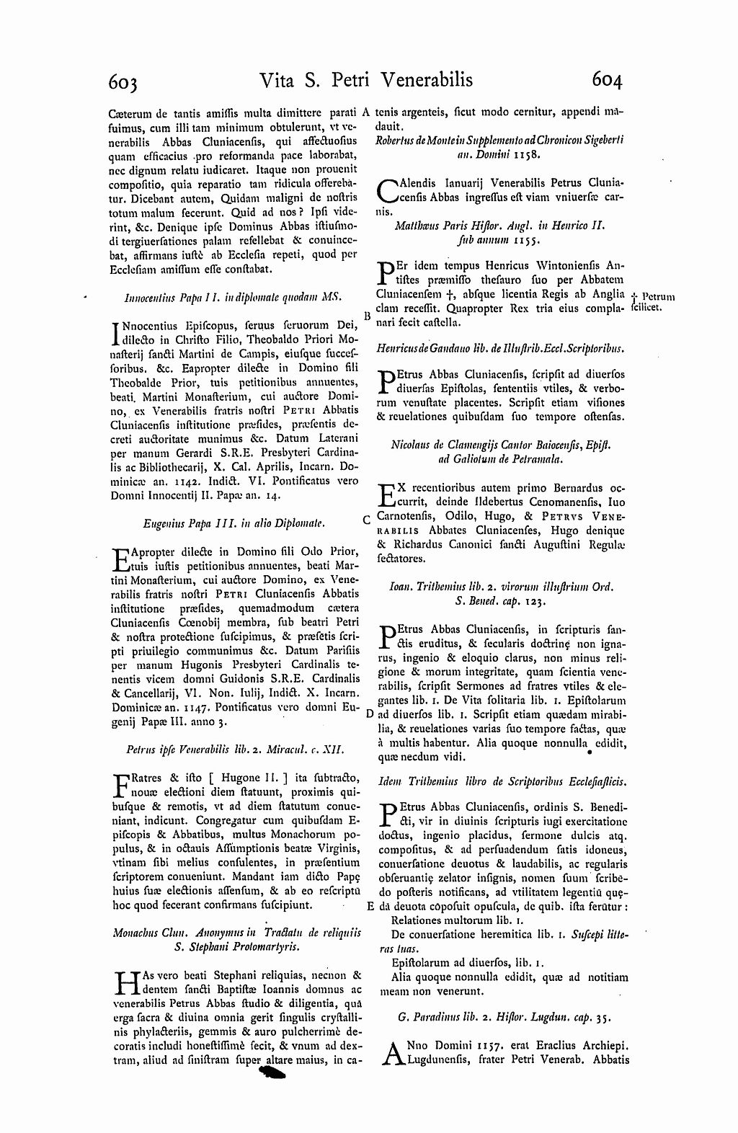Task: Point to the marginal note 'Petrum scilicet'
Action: click(x=652, y=301)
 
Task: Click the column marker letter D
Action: click(x=368, y=714)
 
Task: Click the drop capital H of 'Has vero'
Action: click(x=125, y=982)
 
